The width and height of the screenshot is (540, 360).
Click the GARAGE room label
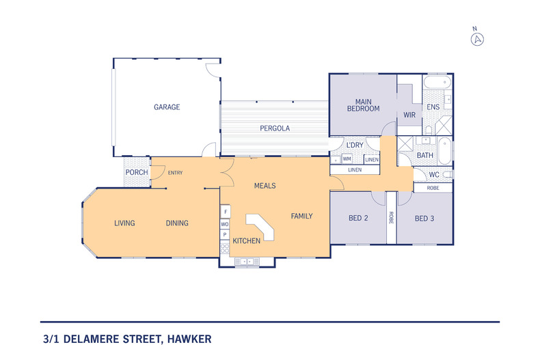167,107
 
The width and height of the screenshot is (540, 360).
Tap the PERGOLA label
275,128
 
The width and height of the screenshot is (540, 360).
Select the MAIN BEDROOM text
363,105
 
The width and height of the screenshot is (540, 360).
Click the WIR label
409,115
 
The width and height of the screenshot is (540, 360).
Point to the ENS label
433,108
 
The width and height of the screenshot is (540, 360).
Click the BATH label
425,156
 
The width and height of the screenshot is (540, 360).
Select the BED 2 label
359,219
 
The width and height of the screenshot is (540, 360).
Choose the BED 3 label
424,219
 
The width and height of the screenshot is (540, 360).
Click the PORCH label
136,172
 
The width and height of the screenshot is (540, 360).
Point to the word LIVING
124,223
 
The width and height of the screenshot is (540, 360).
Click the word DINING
177,223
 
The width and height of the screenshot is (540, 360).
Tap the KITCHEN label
246,241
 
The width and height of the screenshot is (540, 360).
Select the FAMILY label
301,217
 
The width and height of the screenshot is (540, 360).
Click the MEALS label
265,186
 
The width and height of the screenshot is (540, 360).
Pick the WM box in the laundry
347,158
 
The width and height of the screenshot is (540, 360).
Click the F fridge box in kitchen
224,212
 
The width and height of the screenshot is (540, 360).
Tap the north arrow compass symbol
477,38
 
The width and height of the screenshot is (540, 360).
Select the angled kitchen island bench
261,227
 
